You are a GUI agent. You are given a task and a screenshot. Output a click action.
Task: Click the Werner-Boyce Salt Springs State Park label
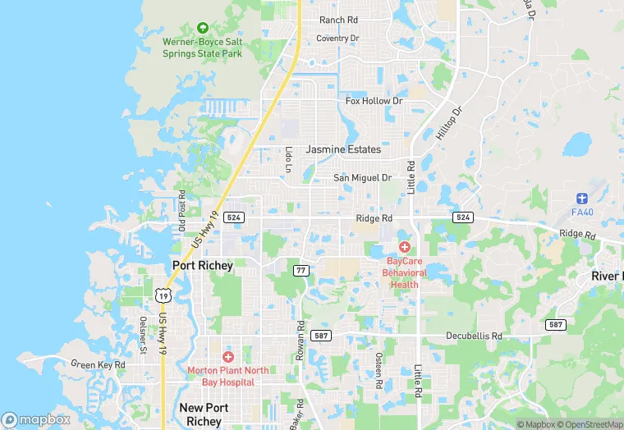point(203,47)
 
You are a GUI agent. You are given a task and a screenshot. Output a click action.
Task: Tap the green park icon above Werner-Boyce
point(203,28)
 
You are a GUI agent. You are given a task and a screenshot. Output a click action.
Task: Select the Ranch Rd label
point(338,20)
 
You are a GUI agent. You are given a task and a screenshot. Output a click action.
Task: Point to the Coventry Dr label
point(338,39)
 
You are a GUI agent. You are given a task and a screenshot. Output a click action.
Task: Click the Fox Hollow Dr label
point(374,101)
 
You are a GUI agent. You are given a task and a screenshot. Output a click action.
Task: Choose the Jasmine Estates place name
point(343,150)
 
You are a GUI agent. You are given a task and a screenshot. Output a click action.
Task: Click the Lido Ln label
point(289,159)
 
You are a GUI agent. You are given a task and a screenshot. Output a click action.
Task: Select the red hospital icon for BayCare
point(404,247)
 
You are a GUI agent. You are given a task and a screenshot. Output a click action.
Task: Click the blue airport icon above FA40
point(582,199)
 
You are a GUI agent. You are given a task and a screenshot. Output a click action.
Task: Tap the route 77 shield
point(301,269)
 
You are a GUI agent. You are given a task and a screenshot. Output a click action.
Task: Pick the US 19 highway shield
point(163,295)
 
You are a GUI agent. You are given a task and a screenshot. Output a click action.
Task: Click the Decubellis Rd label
point(474,336)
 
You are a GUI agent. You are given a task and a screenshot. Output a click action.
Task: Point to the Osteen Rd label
point(379,371)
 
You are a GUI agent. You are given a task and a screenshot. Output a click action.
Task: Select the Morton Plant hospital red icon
point(227,357)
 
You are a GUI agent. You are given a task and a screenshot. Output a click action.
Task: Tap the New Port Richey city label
point(201,414)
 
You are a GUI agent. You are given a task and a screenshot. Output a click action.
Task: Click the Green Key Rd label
point(99,364)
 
